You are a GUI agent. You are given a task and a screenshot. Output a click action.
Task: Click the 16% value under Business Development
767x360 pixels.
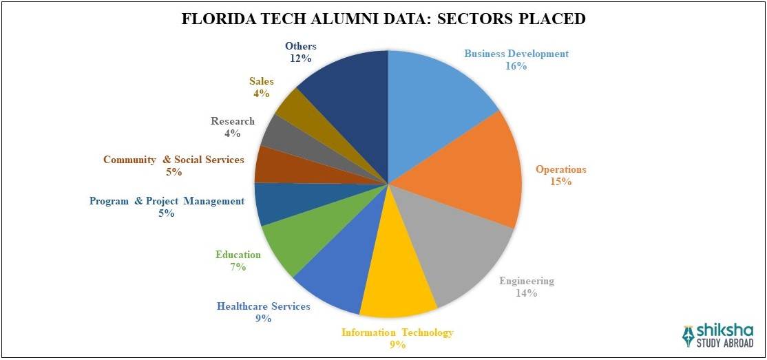pos(516,66)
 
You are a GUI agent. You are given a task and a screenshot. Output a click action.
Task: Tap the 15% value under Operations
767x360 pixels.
pos(560,182)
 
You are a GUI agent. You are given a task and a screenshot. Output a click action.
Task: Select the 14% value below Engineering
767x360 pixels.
pos(526,293)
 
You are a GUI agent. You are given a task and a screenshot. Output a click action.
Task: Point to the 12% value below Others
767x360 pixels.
pos(300,59)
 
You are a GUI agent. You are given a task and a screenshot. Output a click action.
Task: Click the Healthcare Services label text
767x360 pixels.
pos(264,306)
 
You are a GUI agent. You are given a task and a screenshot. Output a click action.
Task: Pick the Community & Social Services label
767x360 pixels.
pos(174,160)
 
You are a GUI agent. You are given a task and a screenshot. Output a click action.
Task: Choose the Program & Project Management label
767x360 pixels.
pos(167,201)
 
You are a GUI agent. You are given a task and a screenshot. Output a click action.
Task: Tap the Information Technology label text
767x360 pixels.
pos(397,332)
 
